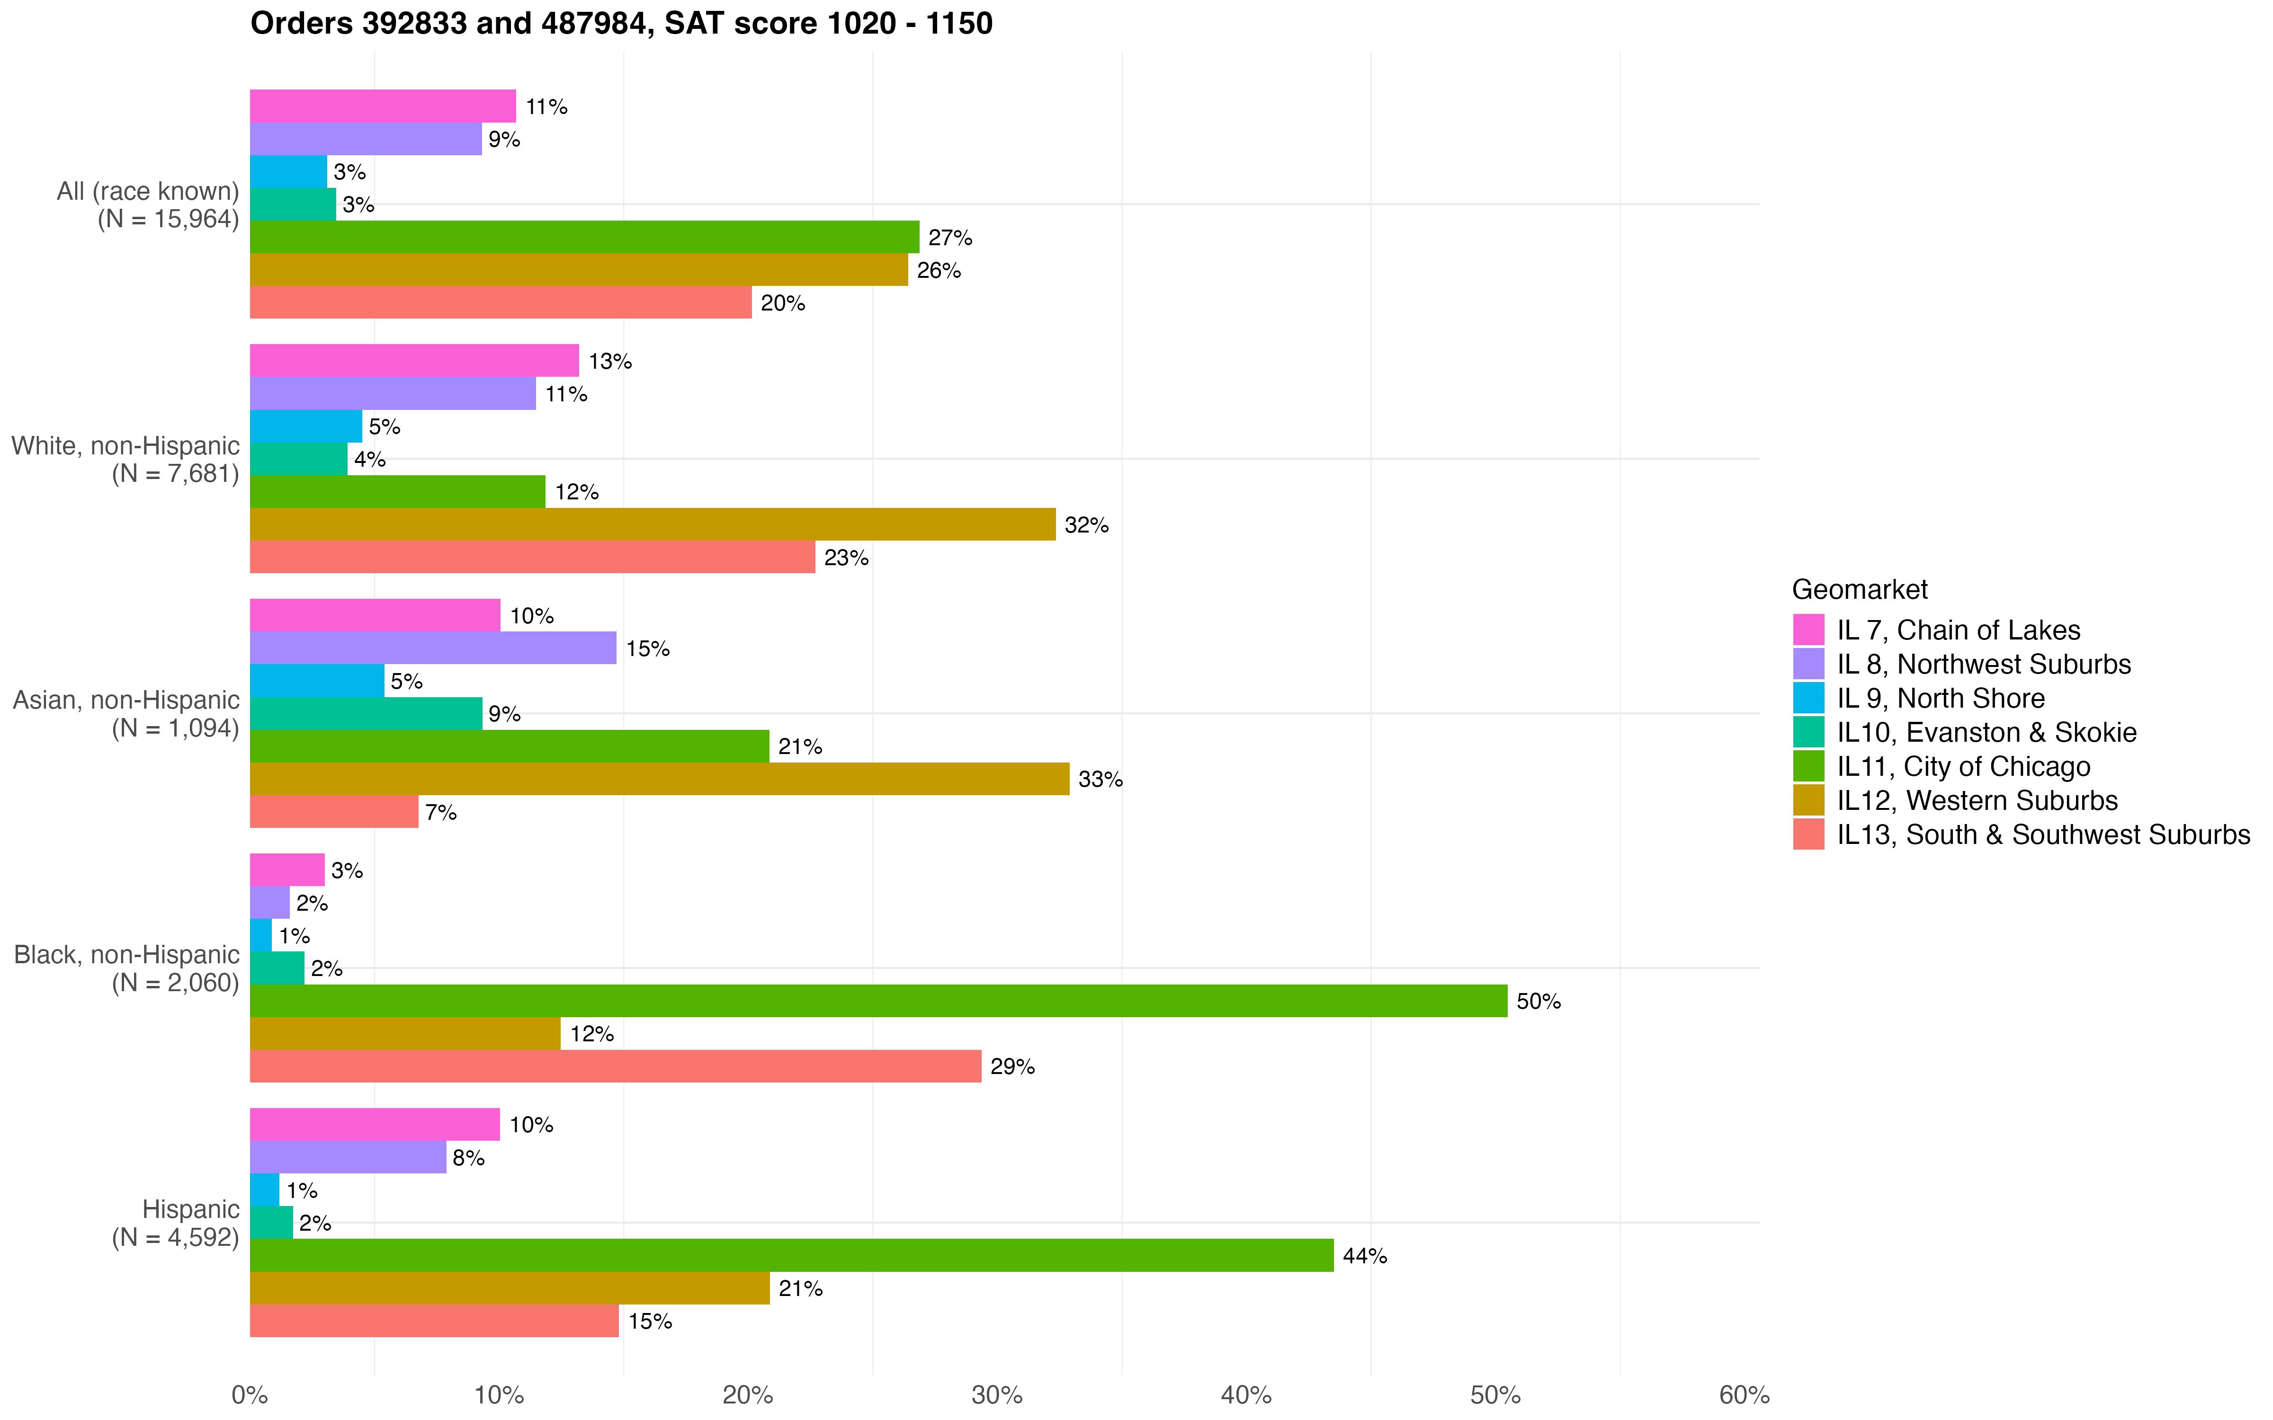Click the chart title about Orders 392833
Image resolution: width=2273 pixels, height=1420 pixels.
coord(621,24)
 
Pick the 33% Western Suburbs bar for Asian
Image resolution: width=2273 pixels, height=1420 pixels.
coord(659,779)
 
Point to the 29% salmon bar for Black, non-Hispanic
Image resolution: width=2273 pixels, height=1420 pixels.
coord(615,1066)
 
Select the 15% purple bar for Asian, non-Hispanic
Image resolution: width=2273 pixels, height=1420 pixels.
coord(433,648)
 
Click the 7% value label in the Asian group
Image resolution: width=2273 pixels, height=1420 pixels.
coord(440,812)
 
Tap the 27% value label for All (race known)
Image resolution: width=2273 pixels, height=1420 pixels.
coord(949,238)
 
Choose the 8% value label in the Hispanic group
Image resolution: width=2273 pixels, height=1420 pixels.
coord(468,1158)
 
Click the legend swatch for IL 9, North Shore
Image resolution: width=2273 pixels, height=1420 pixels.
coord(1808,698)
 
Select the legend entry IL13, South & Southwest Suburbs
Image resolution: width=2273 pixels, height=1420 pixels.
coord(2043,835)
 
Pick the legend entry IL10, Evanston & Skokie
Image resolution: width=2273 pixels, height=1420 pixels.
coord(1986,733)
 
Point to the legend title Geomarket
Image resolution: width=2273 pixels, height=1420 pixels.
coord(1859,590)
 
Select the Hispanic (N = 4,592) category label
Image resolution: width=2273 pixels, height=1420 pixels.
coord(176,1223)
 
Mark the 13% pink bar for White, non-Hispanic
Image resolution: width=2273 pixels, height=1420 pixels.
coord(414,361)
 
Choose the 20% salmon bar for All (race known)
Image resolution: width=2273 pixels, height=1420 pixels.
coord(501,302)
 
